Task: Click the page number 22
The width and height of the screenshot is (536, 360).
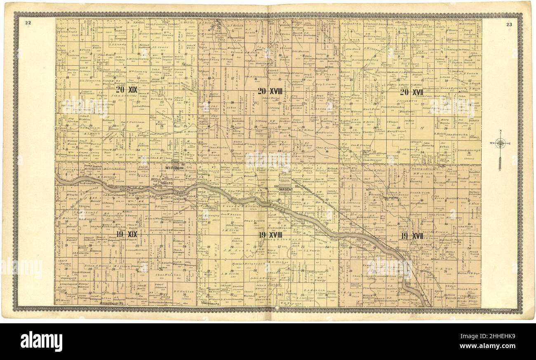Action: pyautogui.click(x=28, y=23)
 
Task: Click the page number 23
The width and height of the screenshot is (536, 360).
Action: pyautogui.click(x=509, y=24)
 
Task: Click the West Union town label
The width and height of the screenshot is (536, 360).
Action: pyautogui.click(x=174, y=167)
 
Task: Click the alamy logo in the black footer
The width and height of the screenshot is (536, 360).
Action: pyautogui.click(x=41, y=341)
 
